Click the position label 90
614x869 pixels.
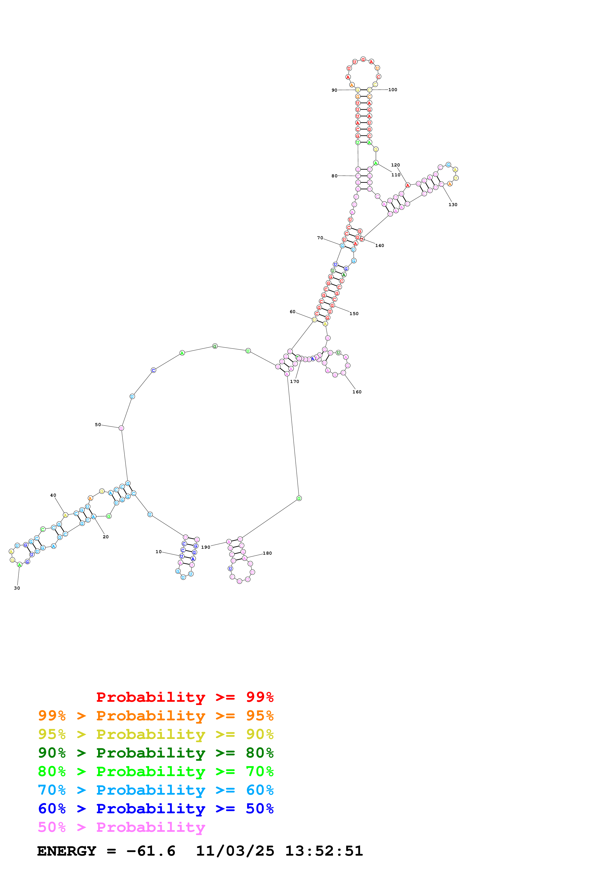pos(334,90)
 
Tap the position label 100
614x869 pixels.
pos(393,90)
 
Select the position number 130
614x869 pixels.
pos(453,205)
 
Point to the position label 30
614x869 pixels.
pos(17,588)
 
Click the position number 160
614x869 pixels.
pos(357,392)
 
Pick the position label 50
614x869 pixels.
pos(98,425)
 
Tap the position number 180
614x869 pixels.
pos(267,553)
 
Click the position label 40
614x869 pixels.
pos(53,495)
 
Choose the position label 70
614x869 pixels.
pos(320,238)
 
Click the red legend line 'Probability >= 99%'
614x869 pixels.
pos(185,697)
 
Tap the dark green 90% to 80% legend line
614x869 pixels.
pos(156,753)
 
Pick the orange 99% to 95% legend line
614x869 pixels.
pos(156,716)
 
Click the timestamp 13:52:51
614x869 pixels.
pos(324,851)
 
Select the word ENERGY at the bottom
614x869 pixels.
pos(67,851)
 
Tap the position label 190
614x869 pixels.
pos(205,547)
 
